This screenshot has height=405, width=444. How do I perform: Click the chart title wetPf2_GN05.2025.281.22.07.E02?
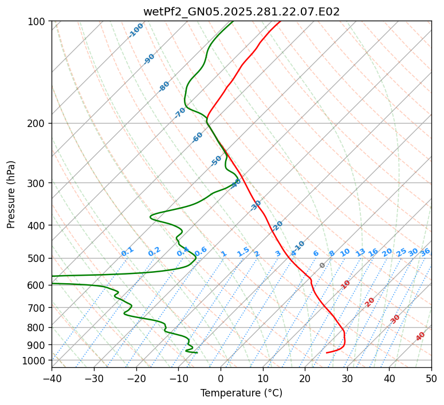[241, 11]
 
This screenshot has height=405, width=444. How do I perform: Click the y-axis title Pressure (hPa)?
[11, 194]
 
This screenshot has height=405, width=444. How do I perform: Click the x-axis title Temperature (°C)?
[241, 393]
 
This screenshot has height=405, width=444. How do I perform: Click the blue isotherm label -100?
[136, 30]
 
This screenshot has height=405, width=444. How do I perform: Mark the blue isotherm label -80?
[164, 86]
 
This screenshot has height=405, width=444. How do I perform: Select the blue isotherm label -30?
[256, 205]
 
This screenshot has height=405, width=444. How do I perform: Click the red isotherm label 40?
[421, 336]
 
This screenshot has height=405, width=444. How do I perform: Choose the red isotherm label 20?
[370, 301]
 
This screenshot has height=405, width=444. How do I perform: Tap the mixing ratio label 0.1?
[127, 252]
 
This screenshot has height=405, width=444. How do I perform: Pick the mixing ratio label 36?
[425, 252]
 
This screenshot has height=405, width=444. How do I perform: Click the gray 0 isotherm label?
[323, 265]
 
